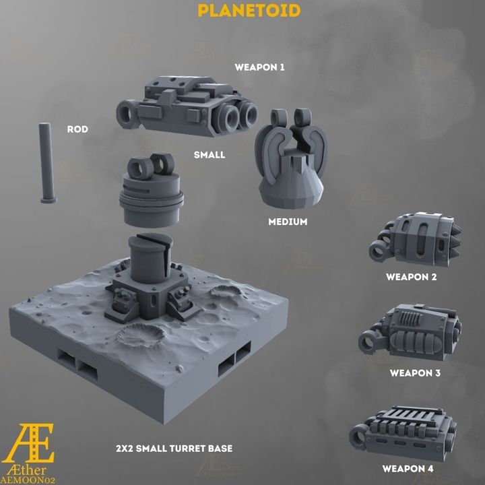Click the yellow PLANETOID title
(249, 11)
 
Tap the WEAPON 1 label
(259, 67)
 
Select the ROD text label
(77, 129)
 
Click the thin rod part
(48, 163)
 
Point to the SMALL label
(209, 155)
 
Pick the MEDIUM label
(288, 222)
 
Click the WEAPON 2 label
(412, 277)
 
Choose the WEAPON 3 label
(415, 373)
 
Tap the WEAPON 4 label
(408, 469)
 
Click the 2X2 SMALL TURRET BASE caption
(174, 449)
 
